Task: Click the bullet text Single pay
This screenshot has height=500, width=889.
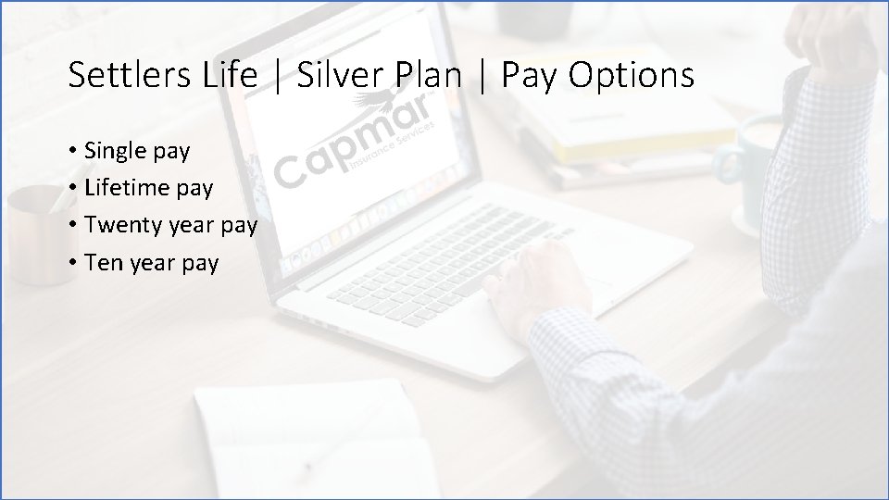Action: point(137,150)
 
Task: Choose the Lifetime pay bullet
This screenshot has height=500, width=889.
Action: point(148,188)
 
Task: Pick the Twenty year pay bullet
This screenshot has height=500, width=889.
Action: point(170,225)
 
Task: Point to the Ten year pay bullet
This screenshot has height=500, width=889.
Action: point(151,263)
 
